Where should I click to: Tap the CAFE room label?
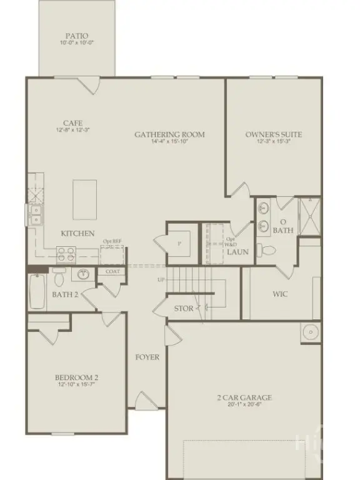pyautogui.click(x=72, y=123)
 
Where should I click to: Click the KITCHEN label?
pyautogui.click(x=77, y=234)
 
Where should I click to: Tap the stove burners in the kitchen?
pyautogui.click(x=66, y=253)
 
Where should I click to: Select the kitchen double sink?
pyautogui.click(x=35, y=214)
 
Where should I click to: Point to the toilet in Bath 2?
pyautogui.click(x=59, y=276)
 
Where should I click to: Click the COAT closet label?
pyautogui.click(x=113, y=271)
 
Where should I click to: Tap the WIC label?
pyautogui.click(x=280, y=294)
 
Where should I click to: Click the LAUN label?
pyautogui.click(x=237, y=252)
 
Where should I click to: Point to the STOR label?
pyautogui.click(x=184, y=308)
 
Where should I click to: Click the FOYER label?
pyautogui.click(x=147, y=357)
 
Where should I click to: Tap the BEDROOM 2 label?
pyautogui.click(x=76, y=377)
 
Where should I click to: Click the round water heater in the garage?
pyautogui.click(x=311, y=333)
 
